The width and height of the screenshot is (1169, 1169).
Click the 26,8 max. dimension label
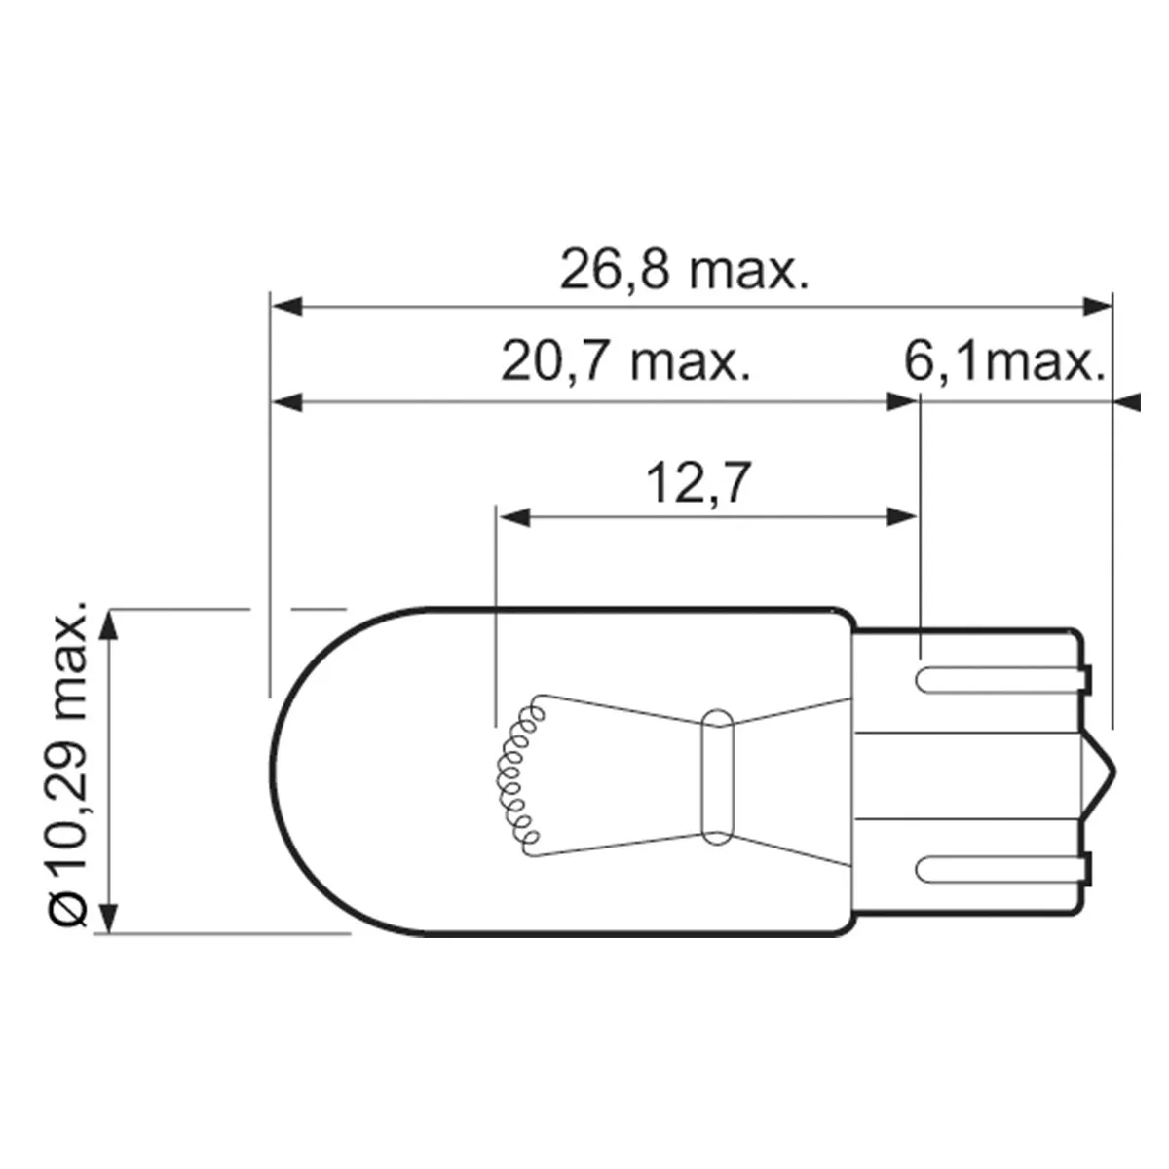[x=684, y=270]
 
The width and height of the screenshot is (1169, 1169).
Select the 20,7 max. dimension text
[x=625, y=362]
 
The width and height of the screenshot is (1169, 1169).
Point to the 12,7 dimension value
[x=698, y=483]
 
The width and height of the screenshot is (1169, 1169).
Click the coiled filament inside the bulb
[x=518, y=777]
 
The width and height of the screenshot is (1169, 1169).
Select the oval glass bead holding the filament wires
[x=717, y=777]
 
